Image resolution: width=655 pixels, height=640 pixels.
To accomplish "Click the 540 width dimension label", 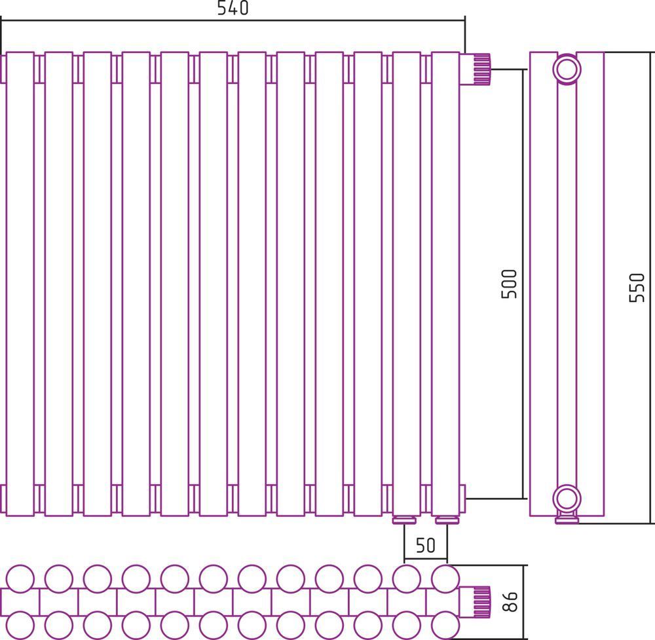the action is click(233, 7).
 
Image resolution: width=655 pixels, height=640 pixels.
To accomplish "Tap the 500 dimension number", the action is click(509, 284).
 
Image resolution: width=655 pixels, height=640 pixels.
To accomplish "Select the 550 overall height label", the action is click(637, 288).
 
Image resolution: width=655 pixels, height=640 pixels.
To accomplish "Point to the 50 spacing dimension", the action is click(426, 545).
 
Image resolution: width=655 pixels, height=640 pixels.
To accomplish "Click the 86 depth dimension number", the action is click(510, 601).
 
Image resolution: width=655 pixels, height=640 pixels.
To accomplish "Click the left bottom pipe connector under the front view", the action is click(404, 520).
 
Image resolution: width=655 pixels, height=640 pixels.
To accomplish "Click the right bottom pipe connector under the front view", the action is click(447, 520).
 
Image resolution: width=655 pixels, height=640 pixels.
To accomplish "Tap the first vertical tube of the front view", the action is click(20, 284).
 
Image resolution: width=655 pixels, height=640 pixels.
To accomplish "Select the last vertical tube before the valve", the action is click(445, 284).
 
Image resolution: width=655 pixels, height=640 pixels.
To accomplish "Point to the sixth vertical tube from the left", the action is click(214, 284).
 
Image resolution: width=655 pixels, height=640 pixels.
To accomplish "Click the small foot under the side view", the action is click(567, 518).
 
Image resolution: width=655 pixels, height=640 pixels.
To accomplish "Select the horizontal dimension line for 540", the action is click(233, 20).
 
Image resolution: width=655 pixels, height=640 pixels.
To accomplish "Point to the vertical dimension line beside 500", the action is click(523, 284).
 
